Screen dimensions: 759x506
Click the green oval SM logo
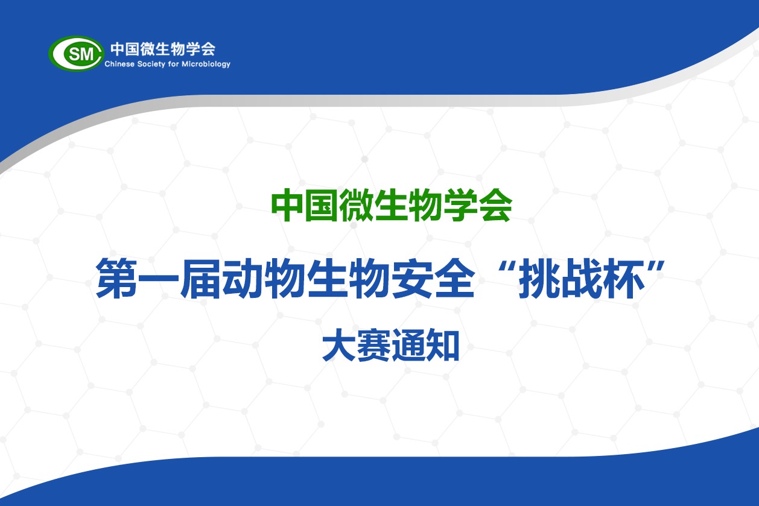(76, 54)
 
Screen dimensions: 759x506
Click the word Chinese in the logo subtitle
(119, 64)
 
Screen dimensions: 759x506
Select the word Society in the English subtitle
(151, 65)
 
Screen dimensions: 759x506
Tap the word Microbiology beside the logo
(206, 65)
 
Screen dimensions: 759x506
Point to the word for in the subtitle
(173, 64)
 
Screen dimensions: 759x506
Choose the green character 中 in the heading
(287, 205)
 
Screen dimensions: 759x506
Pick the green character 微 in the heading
(356, 205)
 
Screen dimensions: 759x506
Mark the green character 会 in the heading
(495, 205)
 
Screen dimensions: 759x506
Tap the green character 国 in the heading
(322, 205)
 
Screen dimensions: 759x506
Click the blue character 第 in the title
(116, 279)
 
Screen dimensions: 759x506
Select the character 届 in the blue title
(200, 279)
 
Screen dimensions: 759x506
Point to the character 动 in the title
(243, 279)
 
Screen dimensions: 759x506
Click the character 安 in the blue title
(411, 279)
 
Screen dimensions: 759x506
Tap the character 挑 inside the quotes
(539, 279)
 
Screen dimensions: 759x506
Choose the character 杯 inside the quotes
(623, 279)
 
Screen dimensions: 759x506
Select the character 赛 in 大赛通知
(373, 345)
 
